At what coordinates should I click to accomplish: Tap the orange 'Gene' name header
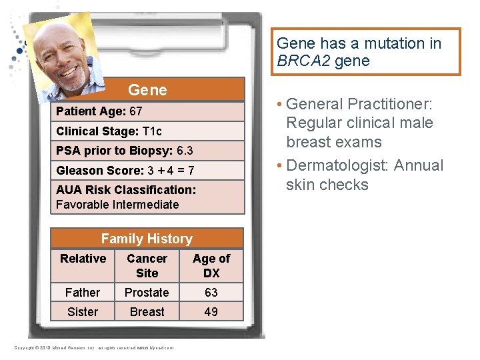coord(147,90)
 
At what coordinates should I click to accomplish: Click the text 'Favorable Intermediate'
coord(117,205)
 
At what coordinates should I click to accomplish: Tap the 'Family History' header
coord(147,239)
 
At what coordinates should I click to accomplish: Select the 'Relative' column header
coord(83,259)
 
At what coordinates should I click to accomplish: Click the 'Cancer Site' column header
coord(147,265)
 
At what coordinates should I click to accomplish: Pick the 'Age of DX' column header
coord(211,265)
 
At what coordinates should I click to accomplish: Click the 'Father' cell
coord(83,293)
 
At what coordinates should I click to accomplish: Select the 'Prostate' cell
coord(147,293)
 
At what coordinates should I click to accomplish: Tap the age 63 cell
coord(211,293)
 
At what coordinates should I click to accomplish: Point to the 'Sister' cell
coord(83,312)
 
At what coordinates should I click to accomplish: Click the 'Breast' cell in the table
coord(147,312)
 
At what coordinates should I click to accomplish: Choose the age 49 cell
coord(211,312)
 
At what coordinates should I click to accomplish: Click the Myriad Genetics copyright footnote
coord(93,348)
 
